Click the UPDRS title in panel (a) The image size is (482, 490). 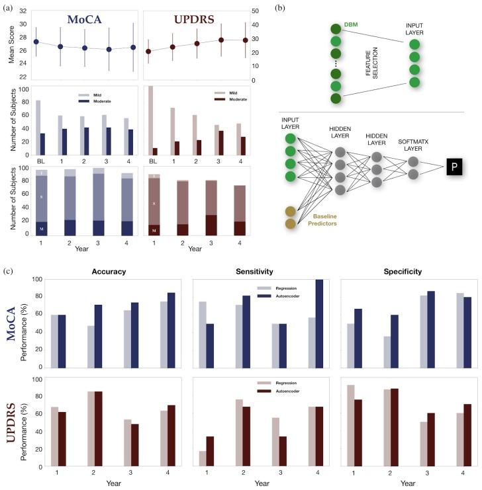point(195,20)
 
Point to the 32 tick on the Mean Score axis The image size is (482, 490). point(24,11)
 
